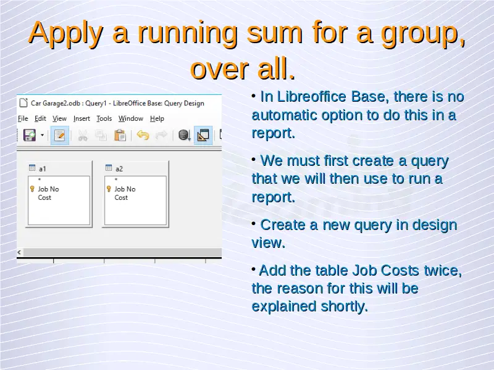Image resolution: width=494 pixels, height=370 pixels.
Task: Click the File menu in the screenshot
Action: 23,118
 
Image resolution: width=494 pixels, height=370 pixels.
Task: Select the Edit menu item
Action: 40,118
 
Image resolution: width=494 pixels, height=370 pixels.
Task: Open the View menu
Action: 59,118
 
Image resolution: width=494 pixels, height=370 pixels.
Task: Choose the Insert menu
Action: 82,118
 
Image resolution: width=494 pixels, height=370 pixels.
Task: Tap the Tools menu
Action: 104,118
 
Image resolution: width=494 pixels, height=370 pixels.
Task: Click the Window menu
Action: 131,118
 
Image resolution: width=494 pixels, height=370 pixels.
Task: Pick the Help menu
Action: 157,118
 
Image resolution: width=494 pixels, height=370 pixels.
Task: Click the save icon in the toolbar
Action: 30,135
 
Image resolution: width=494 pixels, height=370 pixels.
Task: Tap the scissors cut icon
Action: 83,136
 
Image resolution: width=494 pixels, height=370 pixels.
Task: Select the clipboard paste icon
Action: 120,135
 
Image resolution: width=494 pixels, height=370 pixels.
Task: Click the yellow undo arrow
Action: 143,135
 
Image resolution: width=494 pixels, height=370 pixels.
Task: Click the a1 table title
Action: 43,169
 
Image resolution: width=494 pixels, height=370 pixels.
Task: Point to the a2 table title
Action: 119,169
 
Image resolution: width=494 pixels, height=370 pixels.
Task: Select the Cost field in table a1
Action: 44,197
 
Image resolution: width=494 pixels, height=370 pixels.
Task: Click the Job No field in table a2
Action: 125,189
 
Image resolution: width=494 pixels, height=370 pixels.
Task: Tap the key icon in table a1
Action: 32,189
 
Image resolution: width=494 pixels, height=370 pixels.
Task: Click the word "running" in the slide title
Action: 188,33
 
